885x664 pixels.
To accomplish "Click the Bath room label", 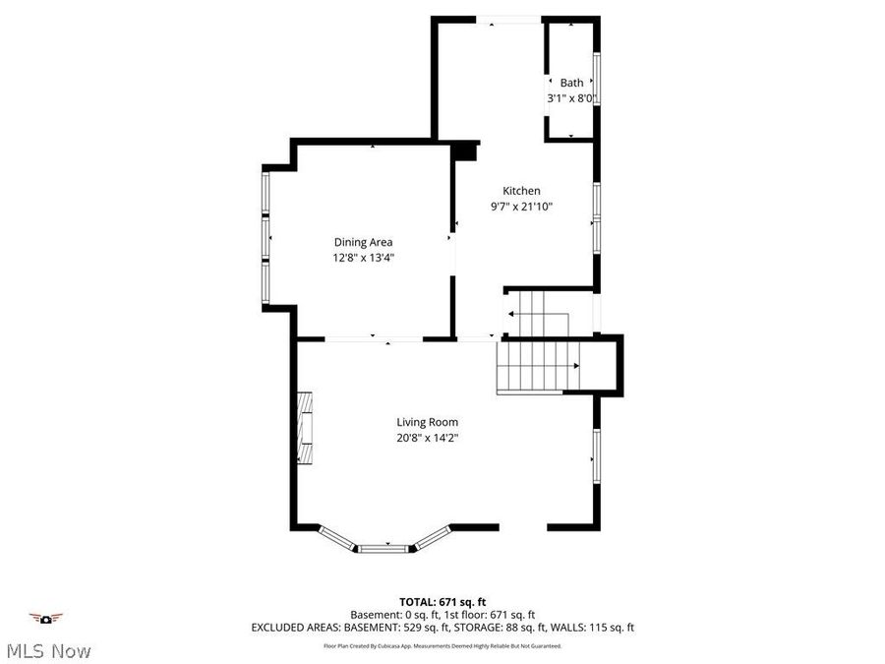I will (x=571, y=83).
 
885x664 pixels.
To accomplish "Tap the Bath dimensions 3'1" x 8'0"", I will (x=571, y=98).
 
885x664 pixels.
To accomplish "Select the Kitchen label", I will (x=521, y=191).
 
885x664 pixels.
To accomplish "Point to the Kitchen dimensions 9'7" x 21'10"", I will (x=521, y=207).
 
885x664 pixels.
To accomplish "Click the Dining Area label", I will (x=364, y=242).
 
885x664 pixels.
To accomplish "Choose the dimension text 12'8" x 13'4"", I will (x=364, y=258).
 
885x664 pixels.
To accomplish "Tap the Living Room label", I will (x=428, y=422).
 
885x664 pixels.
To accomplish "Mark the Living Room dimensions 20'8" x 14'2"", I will (x=428, y=438).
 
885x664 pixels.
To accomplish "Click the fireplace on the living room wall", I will (x=306, y=428).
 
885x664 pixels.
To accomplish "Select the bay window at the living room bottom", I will (x=385, y=542).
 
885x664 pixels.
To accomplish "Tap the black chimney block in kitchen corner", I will (x=464, y=151).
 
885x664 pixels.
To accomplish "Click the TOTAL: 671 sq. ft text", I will (x=442, y=601).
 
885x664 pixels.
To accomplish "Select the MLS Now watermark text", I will (x=49, y=651).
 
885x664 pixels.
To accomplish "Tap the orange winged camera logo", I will (x=45, y=618).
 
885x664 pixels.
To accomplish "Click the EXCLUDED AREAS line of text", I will (x=442, y=627).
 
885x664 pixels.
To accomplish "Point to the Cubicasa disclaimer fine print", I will (x=442, y=646).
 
